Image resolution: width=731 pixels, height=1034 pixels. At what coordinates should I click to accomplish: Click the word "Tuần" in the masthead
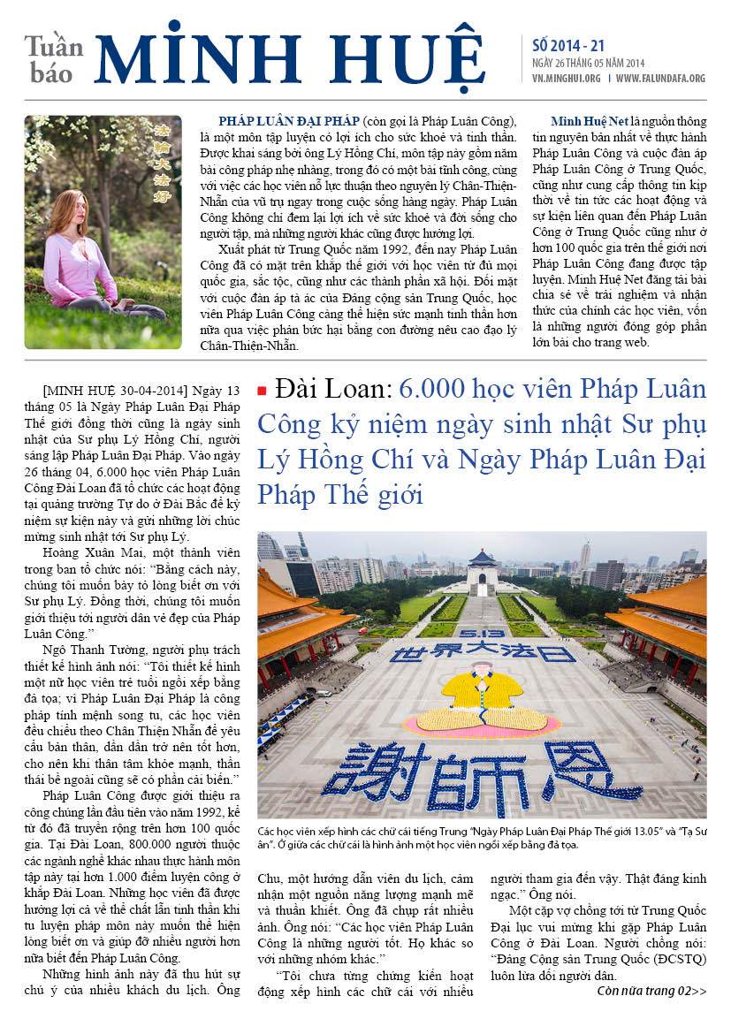click(54, 45)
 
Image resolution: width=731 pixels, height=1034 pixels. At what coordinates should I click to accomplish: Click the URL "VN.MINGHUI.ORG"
click(567, 79)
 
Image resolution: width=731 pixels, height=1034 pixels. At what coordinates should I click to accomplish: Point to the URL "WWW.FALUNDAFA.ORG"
click(660, 79)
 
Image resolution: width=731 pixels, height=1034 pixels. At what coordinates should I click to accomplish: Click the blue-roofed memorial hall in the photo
click(483, 571)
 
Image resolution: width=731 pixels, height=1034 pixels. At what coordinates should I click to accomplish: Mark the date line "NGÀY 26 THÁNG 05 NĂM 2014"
click(593, 63)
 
